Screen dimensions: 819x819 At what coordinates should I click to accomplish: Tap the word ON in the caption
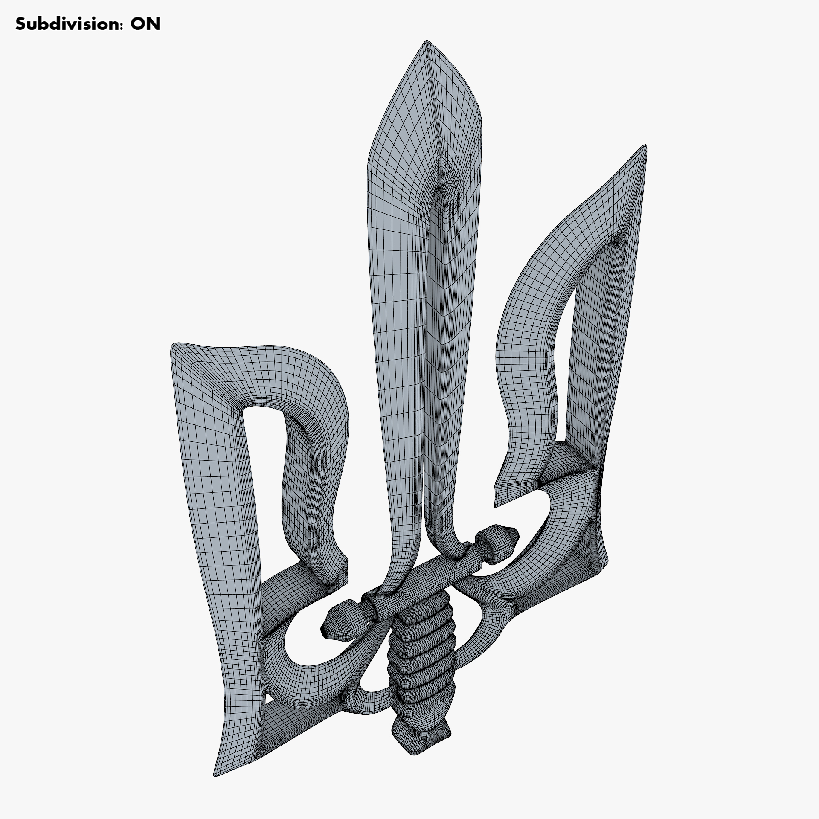click(145, 24)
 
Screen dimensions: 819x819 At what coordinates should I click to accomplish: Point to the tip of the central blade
click(426, 42)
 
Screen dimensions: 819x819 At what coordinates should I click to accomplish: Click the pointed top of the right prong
click(645, 146)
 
